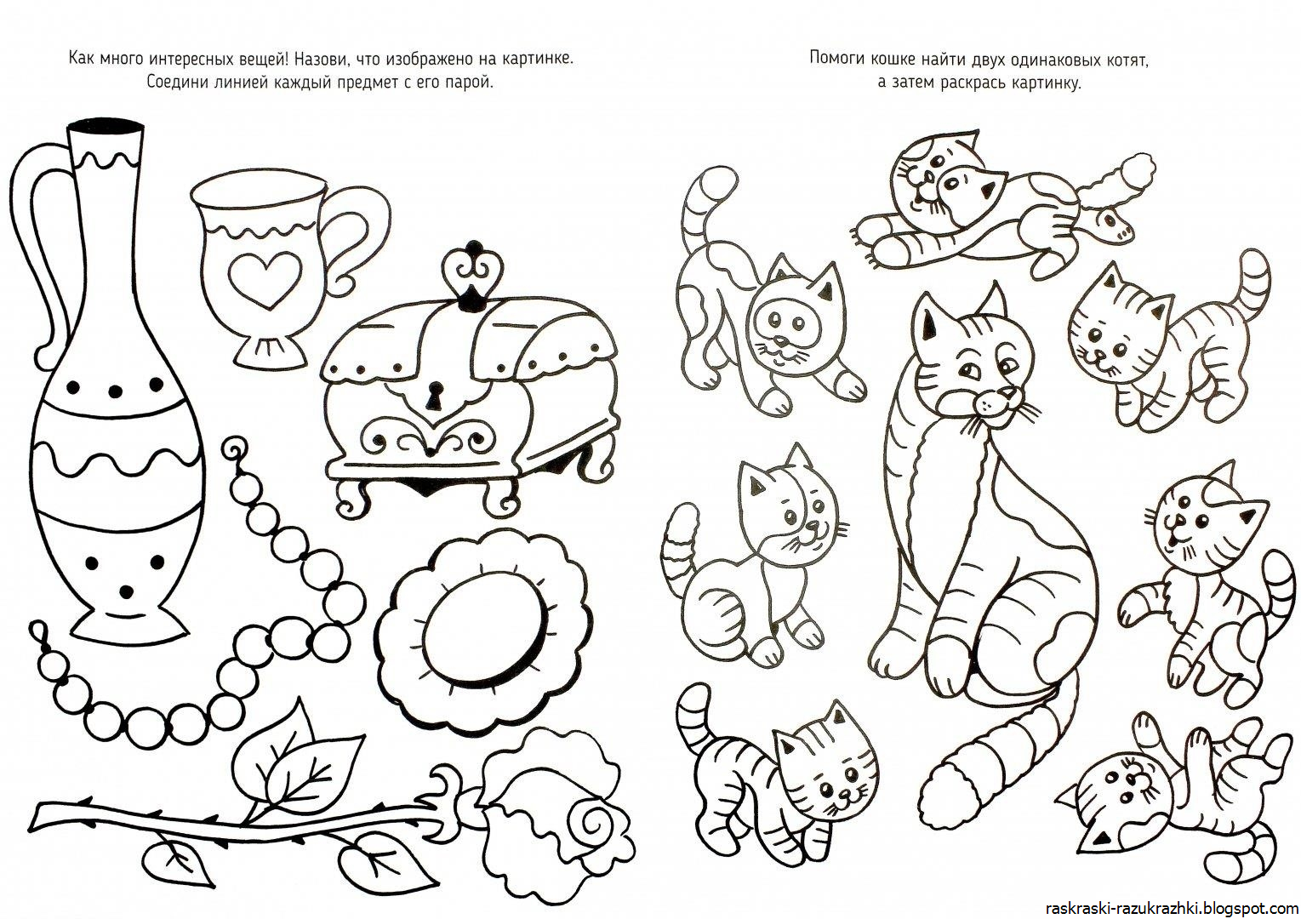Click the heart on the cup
[x=265, y=279]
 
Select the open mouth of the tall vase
[x=106, y=128]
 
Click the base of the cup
[x=271, y=351]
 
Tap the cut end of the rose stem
[x=37, y=819]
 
